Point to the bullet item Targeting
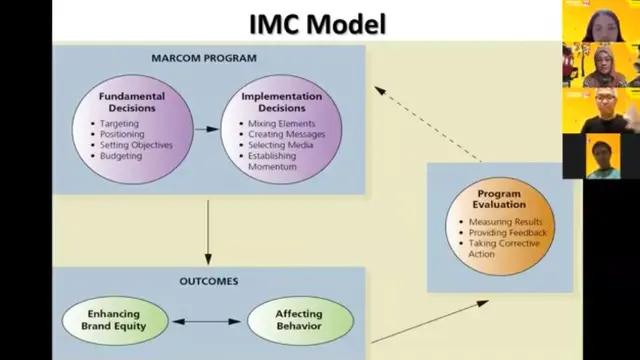pos(120,123)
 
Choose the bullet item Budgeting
pos(121,156)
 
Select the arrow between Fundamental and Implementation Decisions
pos(206,129)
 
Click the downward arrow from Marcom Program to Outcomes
pos(207,230)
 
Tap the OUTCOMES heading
pos(209,281)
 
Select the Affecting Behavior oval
pos(299,321)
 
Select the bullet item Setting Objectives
pos(136,145)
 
